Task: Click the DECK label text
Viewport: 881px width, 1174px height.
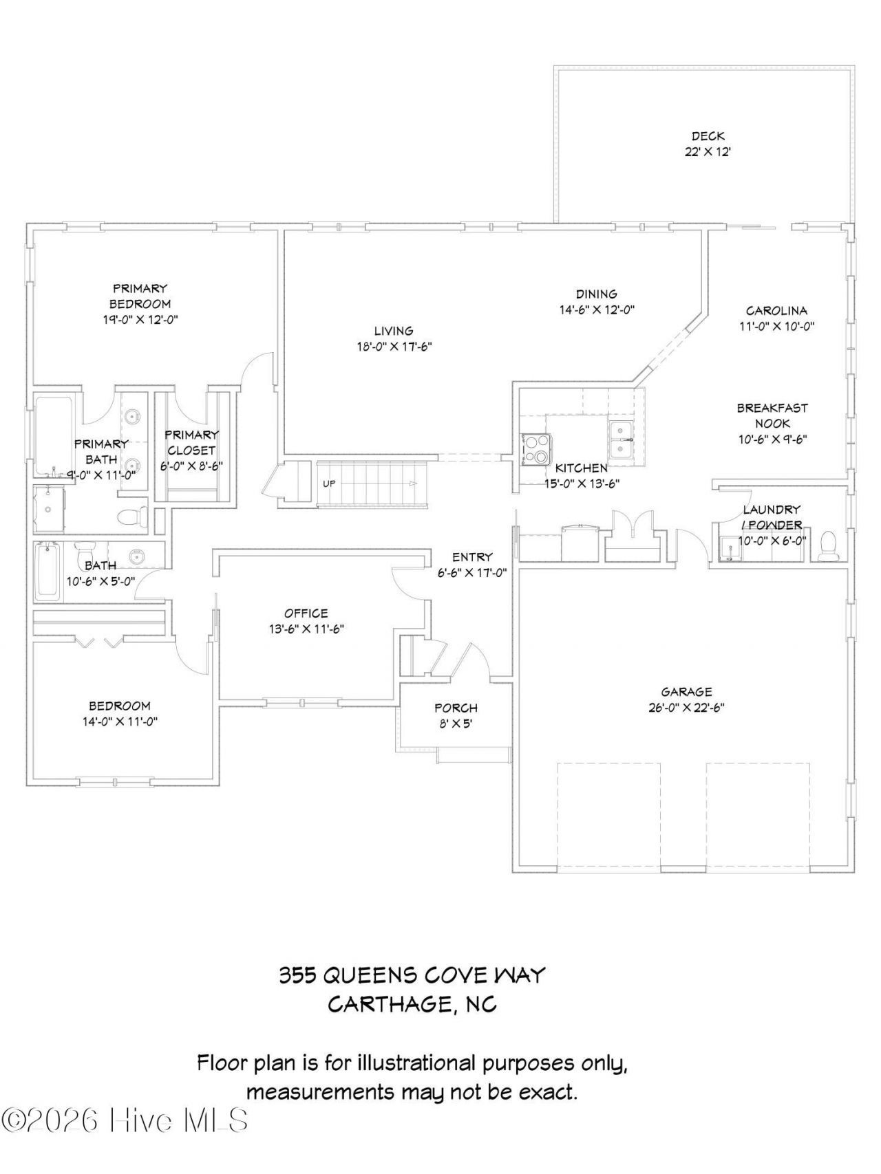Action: click(x=708, y=136)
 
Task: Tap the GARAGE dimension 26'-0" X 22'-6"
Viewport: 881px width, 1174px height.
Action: click(x=686, y=708)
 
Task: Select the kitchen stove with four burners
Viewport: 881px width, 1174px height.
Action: click(x=535, y=449)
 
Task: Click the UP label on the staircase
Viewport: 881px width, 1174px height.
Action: click(x=329, y=483)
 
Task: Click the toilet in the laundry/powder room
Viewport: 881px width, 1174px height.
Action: click(x=827, y=545)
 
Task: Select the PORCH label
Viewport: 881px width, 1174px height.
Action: click(x=456, y=708)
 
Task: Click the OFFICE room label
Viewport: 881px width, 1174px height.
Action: click(x=306, y=613)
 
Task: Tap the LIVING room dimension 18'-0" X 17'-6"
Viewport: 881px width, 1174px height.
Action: click(x=394, y=347)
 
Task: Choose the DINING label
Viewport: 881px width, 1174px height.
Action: click(x=597, y=294)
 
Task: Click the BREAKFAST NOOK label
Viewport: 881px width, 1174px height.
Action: click(x=772, y=415)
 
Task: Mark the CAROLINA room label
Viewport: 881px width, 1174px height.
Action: click(x=777, y=311)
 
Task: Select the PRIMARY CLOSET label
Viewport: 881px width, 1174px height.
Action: click(x=191, y=442)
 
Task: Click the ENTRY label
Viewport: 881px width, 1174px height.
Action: click(x=472, y=557)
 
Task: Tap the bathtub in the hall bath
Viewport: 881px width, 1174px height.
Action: click(x=48, y=570)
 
